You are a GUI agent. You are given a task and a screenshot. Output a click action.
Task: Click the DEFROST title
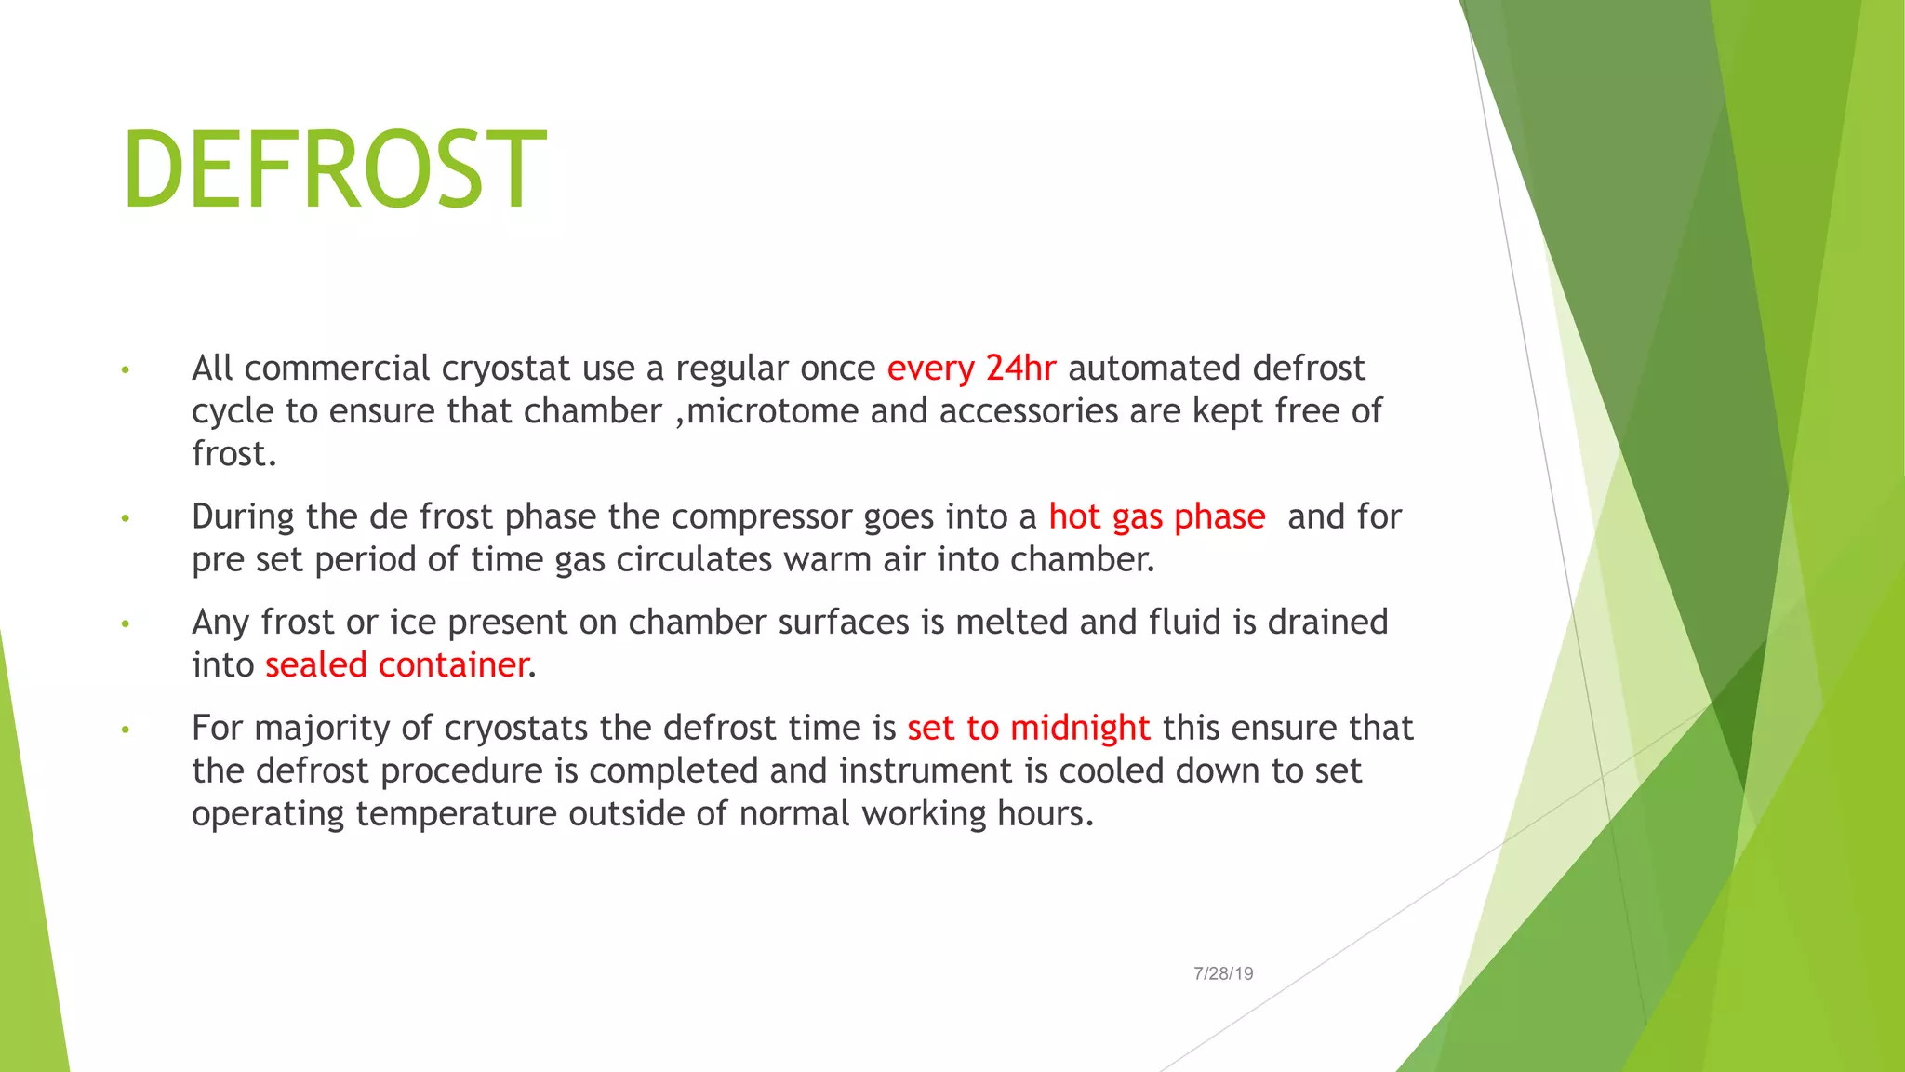click(334, 170)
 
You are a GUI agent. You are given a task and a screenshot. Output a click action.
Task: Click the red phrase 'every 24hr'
click(971, 368)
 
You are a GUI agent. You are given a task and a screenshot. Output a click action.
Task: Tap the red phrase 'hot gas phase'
click(1156, 516)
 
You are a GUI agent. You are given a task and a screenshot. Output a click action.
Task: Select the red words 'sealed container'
click(397, 665)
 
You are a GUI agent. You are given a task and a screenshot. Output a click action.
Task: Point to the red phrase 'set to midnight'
click(1028, 728)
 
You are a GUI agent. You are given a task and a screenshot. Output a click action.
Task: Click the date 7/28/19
click(1223, 973)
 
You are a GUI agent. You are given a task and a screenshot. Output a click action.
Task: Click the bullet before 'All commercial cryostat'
click(125, 371)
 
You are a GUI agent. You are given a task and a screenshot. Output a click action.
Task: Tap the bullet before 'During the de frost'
click(125, 519)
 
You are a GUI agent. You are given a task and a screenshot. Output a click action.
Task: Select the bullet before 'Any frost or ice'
click(125, 624)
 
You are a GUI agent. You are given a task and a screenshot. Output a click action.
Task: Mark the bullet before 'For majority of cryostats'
click(125, 730)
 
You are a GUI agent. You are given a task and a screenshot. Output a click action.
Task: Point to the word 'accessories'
click(1029, 411)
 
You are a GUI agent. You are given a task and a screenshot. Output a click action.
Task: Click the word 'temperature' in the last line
click(456, 814)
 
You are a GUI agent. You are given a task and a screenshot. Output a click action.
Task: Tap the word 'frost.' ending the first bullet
click(233, 454)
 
